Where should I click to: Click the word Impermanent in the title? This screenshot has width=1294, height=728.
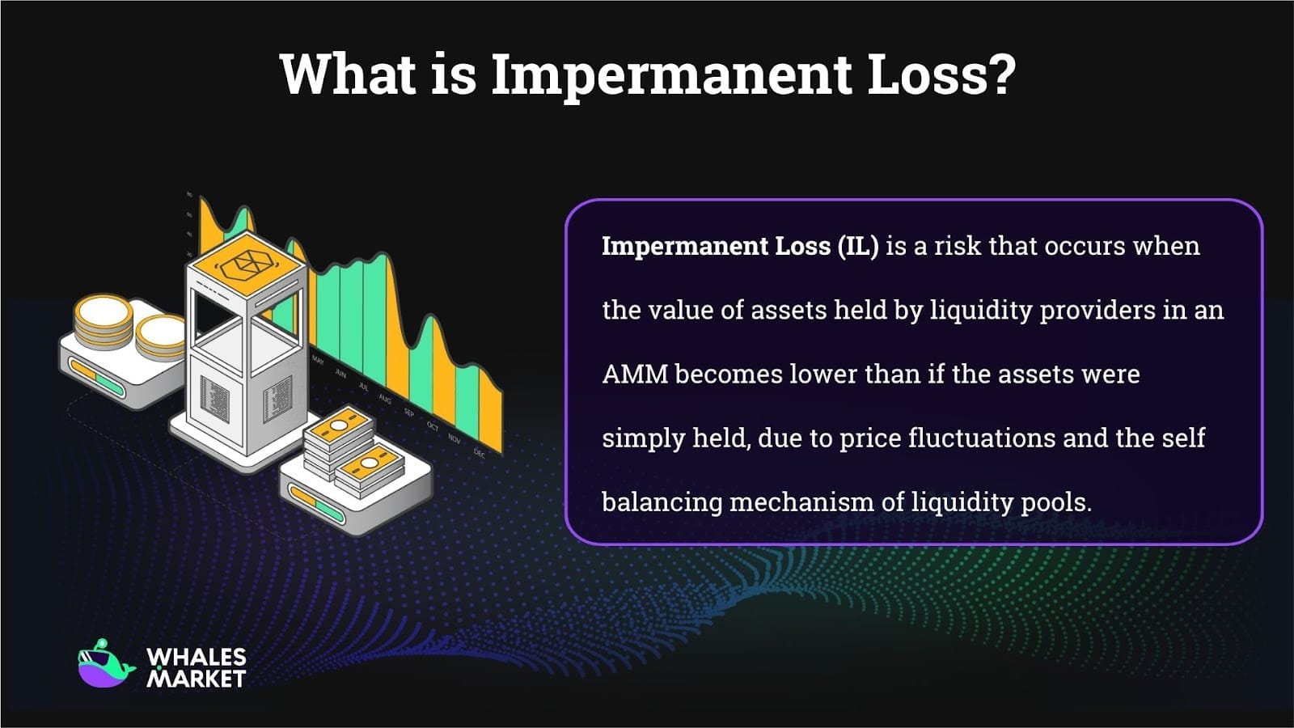pos(671,74)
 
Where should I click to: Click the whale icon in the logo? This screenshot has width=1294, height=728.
pos(105,664)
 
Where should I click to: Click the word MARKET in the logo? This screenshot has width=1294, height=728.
pos(196,679)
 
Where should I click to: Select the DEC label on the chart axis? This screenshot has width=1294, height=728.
pos(479,453)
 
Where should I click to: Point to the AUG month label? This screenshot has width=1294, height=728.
pos(385,400)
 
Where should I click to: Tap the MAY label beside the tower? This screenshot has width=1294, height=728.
pos(318,361)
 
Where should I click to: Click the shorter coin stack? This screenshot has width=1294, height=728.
pos(161,336)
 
